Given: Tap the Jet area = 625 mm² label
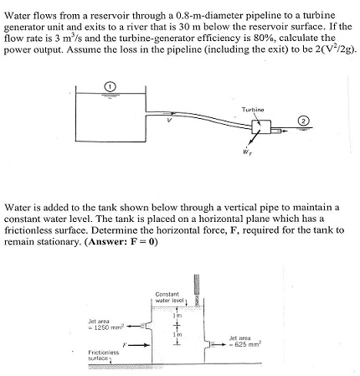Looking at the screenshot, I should [x=246, y=341].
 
